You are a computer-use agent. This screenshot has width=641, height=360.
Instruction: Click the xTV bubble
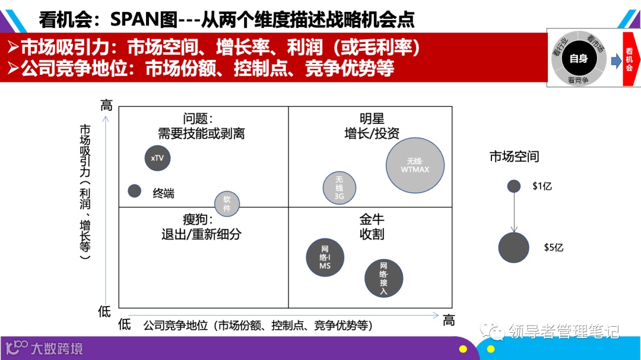click(157, 158)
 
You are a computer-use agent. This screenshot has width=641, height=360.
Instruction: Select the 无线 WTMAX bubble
click(415, 165)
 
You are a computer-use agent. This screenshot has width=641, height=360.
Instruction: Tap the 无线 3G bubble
click(339, 187)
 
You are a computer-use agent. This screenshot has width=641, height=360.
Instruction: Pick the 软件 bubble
click(227, 203)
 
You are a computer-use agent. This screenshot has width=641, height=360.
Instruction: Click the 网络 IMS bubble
click(325, 257)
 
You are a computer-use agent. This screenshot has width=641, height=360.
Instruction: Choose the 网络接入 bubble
click(383, 278)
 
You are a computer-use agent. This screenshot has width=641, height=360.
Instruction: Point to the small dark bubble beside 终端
click(135, 191)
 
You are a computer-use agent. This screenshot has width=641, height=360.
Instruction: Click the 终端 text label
click(163, 193)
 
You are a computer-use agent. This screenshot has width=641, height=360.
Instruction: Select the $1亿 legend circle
click(514, 186)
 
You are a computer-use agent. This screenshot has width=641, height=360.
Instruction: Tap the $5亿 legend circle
click(513, 248)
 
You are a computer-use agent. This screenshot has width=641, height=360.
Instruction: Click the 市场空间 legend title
click(514, 157)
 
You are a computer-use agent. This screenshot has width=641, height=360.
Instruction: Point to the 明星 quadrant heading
click(372, 119)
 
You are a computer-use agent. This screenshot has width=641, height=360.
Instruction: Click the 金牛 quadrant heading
click(372, 219)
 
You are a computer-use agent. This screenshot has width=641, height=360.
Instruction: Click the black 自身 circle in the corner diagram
click(578, 58)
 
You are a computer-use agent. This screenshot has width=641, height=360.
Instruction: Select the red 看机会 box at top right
click(629, 59)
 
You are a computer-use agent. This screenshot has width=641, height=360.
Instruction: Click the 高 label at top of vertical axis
click(106, 106)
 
